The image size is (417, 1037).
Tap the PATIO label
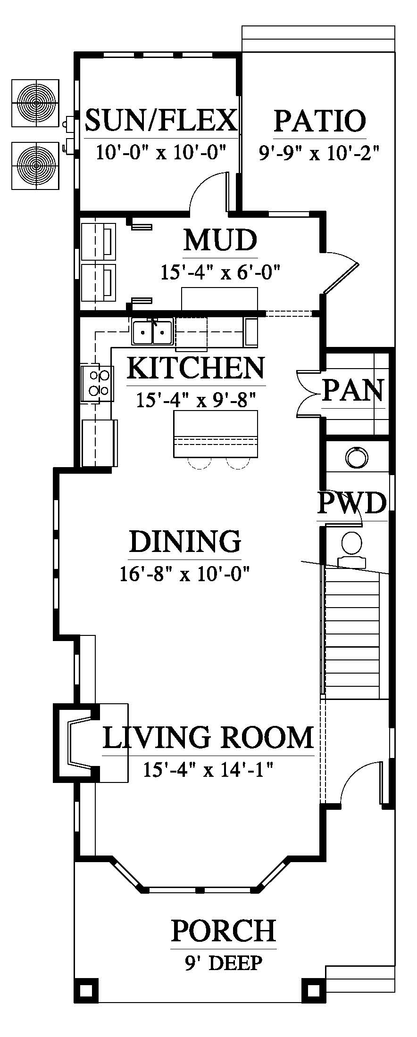tap(320, 121)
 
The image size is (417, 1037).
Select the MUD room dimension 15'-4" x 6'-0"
tap(221, 272)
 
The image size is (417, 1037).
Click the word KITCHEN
tap(196, 368)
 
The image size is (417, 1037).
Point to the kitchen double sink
tap(152, 332)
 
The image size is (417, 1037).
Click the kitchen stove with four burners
tap(97, 383)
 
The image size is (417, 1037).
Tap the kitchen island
tap(216, 434)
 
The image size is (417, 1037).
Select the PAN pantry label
tap(352, 390)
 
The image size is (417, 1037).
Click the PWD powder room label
tap(352, 503)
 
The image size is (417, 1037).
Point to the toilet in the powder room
tap(352, 549)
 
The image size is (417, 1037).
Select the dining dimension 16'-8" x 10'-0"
tap(184, 574)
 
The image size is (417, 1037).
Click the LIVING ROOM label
tap(208, 738)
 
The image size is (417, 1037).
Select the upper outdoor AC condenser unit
tap(35, 103)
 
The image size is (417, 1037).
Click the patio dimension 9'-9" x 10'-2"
tap(320, 152)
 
